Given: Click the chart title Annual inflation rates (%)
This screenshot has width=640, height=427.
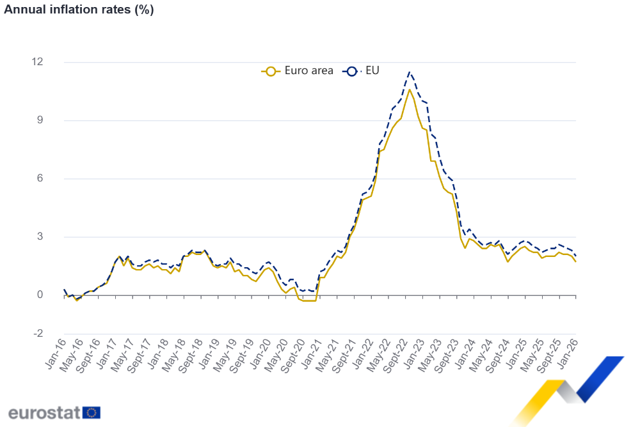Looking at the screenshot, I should (x=79, y=10).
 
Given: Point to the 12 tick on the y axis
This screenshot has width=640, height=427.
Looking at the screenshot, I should (x=38, y=62).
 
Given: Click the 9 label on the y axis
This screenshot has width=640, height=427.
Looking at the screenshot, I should (x=40, y=120).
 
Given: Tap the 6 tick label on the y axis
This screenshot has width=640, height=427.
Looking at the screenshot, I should (x=40, y=178).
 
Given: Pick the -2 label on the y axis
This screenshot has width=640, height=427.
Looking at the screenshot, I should (x=38, y=334).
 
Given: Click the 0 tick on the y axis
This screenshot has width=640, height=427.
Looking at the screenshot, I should (x=40, y=295).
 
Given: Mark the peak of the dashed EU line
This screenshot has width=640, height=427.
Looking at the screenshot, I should (x=410, y=72).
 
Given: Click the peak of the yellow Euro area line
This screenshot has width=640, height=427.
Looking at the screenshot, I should (x=410, y=89).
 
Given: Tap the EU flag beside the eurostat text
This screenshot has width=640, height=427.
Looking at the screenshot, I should (x=92, y=412).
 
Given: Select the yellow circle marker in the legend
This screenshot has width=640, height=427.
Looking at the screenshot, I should (x=271, y=71).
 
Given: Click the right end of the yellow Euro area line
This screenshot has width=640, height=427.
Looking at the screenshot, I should (x=575, y=261).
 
